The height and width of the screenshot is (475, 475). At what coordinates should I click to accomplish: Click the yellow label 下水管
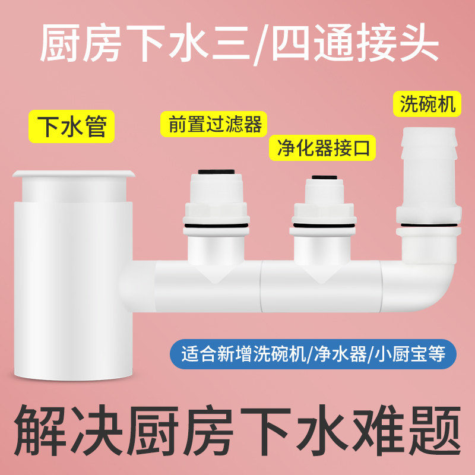71,126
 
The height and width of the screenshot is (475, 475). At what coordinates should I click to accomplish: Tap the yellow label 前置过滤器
214,124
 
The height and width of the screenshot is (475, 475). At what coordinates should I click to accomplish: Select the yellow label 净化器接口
322,148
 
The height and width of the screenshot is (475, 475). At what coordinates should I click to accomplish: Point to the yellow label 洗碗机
427,104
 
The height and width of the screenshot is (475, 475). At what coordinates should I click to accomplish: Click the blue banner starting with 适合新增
313,354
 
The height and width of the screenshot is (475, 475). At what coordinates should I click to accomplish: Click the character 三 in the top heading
229,43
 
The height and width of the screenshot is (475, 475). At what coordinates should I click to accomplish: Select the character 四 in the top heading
290,43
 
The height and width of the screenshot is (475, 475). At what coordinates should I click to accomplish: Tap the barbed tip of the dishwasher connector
428,142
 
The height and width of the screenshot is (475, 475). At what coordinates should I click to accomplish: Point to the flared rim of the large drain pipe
73,174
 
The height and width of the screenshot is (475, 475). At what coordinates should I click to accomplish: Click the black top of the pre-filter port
216,172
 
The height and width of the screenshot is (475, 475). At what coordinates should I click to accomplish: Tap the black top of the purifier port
324,177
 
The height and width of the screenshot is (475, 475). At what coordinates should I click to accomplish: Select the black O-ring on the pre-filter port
216,226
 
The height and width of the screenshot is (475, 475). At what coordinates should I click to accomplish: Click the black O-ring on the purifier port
323,226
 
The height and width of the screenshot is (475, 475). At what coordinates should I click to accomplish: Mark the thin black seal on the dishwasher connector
429,225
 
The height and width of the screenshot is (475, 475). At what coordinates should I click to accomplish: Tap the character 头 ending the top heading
416,43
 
